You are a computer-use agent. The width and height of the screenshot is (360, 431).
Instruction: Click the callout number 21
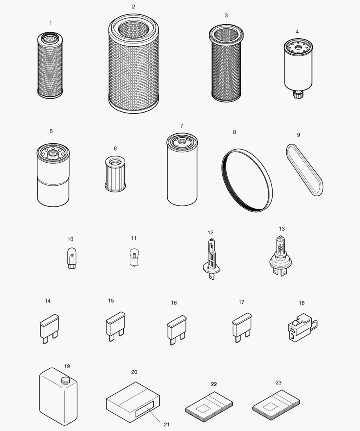click(x=166, y=424)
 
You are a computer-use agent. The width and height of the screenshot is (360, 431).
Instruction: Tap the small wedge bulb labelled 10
click(x=71, y=258)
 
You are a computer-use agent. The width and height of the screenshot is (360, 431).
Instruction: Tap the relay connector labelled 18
click(x=302, y=327)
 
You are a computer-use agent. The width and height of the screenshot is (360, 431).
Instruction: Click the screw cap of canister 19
click(x=65, y=381)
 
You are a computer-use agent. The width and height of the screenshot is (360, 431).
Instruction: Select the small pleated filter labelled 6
click(x=115, y=174)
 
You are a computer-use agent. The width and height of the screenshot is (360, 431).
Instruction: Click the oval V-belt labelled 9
click(x=305, y=170)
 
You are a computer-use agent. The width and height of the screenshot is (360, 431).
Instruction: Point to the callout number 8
click(x=234, y=132)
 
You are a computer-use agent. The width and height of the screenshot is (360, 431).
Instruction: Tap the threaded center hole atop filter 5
click(x=52, y=153)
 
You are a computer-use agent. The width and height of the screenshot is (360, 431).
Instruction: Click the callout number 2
click(x=133, y=7)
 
